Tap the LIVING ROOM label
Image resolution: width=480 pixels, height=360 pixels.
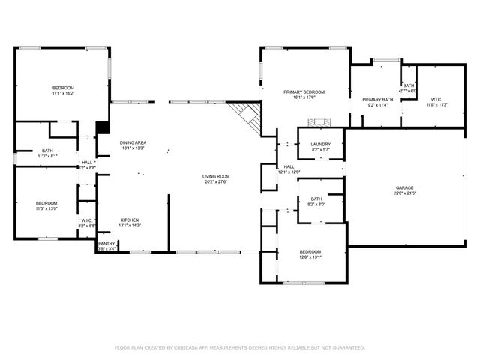tap(214, 177)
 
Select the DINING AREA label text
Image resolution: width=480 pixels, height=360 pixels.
tap(133, 142)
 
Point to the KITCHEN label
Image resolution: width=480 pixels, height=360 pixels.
tap(130, 220)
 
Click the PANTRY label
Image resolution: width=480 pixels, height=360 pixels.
tap(106, 243)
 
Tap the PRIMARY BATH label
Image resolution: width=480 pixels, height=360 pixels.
tap(377, 100)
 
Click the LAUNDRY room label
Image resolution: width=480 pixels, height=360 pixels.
tap(321, 144)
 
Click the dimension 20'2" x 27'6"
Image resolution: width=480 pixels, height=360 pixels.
tap(214, 182)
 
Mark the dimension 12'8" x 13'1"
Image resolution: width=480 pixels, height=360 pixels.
tap(310, 257)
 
